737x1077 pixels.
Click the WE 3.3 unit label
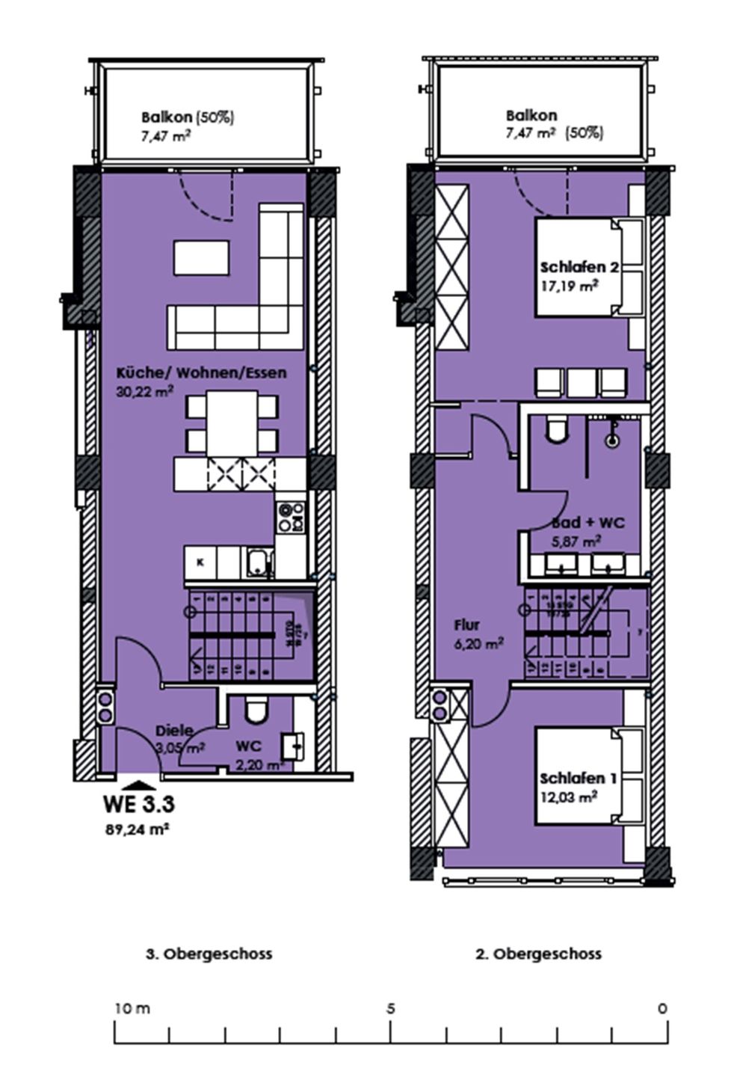[138, 805]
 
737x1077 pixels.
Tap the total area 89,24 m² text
[135, 828]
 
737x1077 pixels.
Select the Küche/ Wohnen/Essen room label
[200, 372]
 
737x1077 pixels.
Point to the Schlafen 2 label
[580, 267]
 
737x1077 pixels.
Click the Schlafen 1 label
[578, 779]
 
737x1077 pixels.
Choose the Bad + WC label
[588, 523]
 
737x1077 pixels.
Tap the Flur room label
[466, 625]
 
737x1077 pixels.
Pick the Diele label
[174, 731]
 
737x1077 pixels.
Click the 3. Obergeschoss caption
[209, 954]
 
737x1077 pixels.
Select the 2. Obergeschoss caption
[538, 954]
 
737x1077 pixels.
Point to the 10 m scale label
[132, 1008]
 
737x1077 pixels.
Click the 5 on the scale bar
[390, 1008]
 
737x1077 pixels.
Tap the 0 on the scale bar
[662, 1008]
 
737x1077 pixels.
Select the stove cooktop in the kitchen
[291, 516]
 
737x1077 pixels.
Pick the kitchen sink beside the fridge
[259, 562]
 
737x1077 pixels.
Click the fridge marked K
[200, 562]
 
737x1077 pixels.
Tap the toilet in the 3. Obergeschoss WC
[256, 710]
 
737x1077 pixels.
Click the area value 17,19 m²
[568, 285]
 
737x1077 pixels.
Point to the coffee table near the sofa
[202, 257]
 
